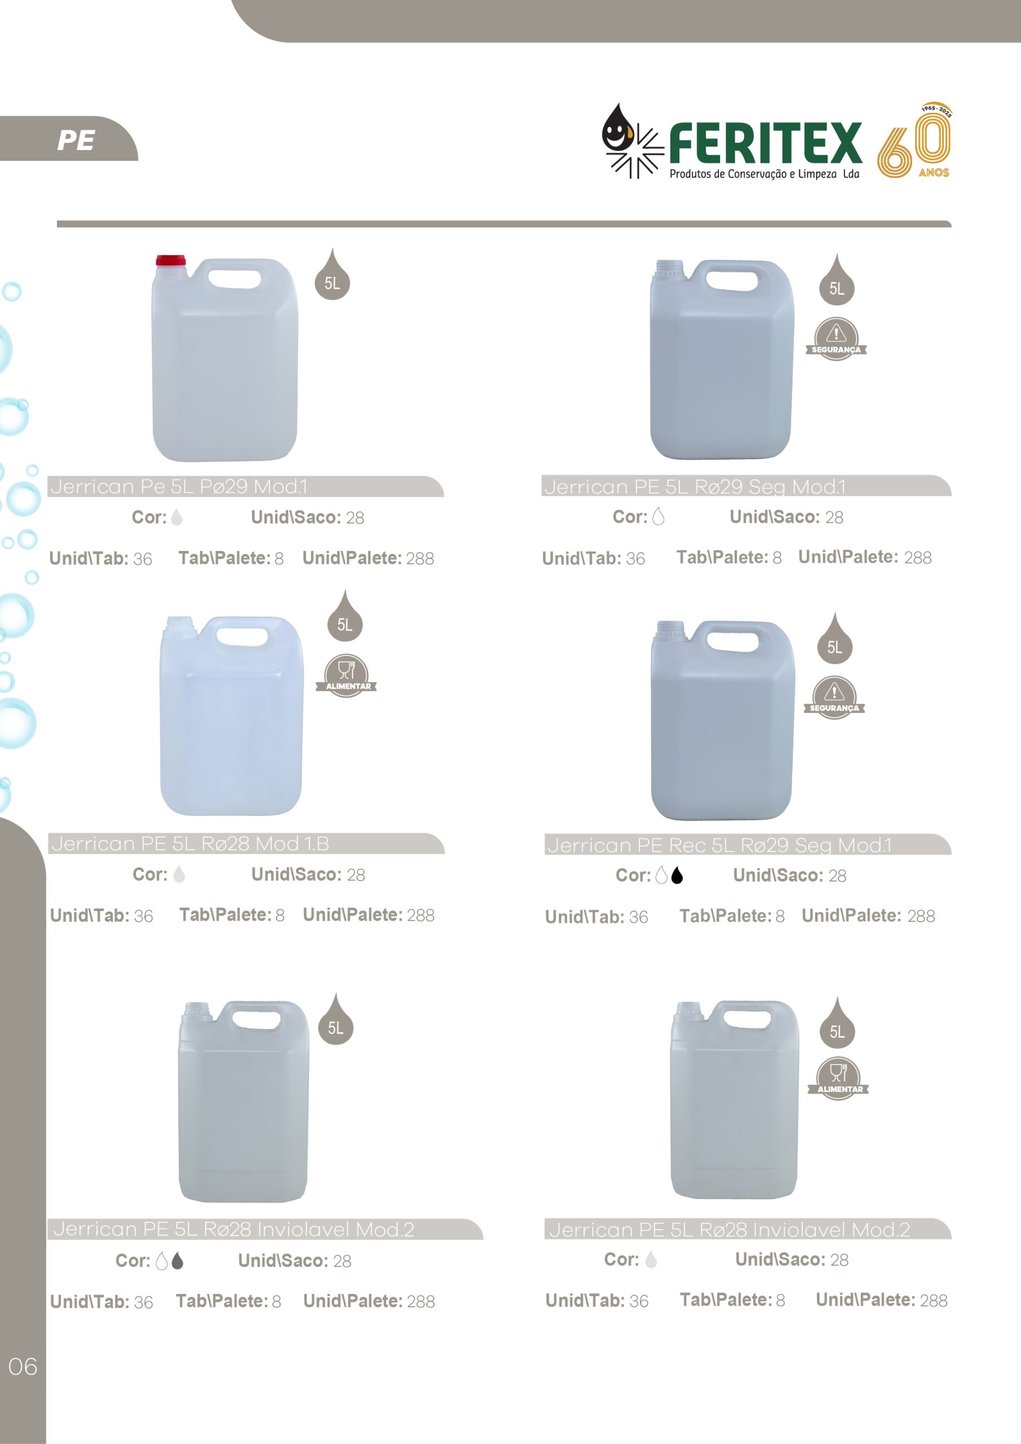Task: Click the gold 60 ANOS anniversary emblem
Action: (x=915, y=140)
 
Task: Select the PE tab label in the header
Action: (x=76, y=140)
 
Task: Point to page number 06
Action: (x=23, y=1367)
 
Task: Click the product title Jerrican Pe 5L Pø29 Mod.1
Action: (x=179, y=486)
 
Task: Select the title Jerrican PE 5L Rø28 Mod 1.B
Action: (x=190, y=843)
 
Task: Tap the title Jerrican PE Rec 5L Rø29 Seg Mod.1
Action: (x=719, y=846)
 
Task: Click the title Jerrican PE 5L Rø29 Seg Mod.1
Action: (x=695, y=487)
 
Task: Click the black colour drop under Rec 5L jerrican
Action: (x=677, y=875)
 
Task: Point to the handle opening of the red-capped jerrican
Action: (x=234, y=279)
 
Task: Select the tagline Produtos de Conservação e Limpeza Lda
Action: (x=764, y=174)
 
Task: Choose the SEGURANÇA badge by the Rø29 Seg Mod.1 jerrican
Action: (x=836, y=339)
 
